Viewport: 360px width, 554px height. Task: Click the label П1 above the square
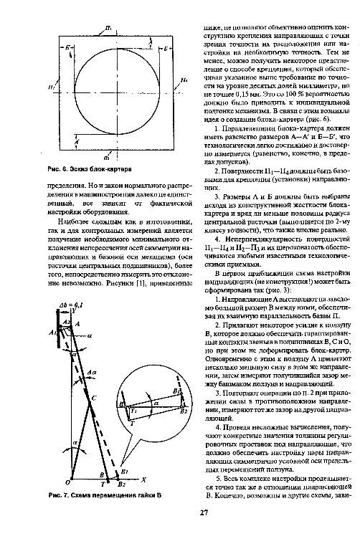pyautogui.click(x=108, y=27)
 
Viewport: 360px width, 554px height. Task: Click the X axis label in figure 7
pyautogui.click(x=143, y=479)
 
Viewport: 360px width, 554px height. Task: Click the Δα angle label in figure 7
pyautogui.click(x=92, y=373)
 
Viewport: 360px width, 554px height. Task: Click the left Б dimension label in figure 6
pyautogui.click(x=67, y=47)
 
